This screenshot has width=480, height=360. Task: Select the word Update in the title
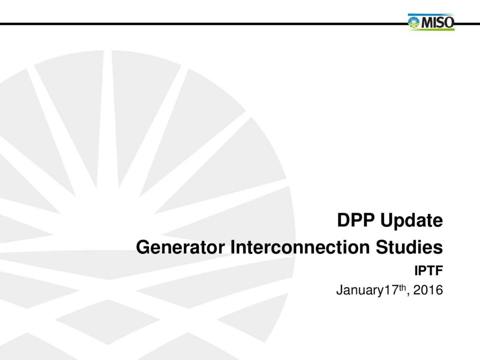pyautogui.click(x=412, y=221)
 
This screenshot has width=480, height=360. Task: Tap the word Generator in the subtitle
pyautogui.click(x=180, y=247)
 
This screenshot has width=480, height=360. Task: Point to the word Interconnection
pyautogui.click(x=300, y=247)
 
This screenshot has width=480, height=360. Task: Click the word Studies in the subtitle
pyautogui.click(x=409, y=247)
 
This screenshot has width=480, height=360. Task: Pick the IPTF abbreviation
pyautogui.click(x=428, y=270)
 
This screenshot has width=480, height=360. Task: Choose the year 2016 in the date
pyautogui.click(x=428, y=290)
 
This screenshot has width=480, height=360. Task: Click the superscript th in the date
pyautogui.click(x=402, y=287)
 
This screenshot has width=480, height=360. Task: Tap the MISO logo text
pyautogui.click(x=437, y=22)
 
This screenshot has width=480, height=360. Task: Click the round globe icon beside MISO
pyautogui.click(x=414, y=22)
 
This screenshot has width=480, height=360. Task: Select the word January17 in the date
pyautogui.click(x=367, y=291)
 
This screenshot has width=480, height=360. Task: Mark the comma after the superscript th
pyautogui.click(x=408, y=294)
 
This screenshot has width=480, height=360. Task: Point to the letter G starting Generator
pyautogui.click(x=142, y=247)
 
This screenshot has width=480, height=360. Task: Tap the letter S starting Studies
pyautogui.click(x=382, y=247)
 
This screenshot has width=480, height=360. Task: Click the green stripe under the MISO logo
pyautogui.click(x=432, y=29)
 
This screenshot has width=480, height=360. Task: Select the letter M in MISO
pyautogui.click(x=427, y=22)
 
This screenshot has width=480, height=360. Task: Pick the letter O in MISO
pyautogui.click(x=449, y=22)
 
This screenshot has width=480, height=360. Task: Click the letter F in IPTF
pyautogui.click(x=439, y=270)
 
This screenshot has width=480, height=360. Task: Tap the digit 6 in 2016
pyautogui.click(x=439, y=290)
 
